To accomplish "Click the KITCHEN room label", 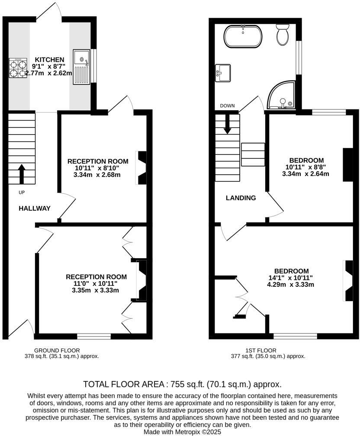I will pyautogui.click(x=49, y=60).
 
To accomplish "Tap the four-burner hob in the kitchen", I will pyautogui.click(x=17, y=68).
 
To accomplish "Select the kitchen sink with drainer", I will pyautogui.click(x=81, y=67).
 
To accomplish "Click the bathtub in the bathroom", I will pyautogui.click(x=242, y=36).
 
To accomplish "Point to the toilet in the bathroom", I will pyautogui.click(x=283, y=35).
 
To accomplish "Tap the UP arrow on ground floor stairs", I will pyautogui.click(x=21, y=173).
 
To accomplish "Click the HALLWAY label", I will pyautogui.click(x=35, y=208).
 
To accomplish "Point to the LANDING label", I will pyautogui.click(x=241, y=198).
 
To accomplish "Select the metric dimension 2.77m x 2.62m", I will pyautogui.click(x=48, y=73).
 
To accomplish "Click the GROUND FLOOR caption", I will pyautogui.click(x=57, y=350).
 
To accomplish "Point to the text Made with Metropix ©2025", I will pyautogui.click(x=182, y=432).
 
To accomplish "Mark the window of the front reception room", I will pyautogui.click(x=94, y=336).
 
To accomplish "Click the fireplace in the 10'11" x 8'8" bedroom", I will pyautogui.click(x=347, y=165).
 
